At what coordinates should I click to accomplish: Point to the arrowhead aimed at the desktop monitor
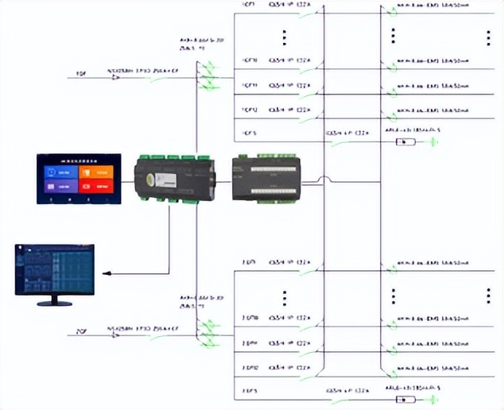pyautogui.click(x=108, y=273)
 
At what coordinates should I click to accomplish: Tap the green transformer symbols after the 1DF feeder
pyautogui.click(x=209, y=77)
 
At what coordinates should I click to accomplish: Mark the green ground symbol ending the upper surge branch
pyautogui.click(x=433, y=142)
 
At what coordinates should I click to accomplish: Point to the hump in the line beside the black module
pyautogui.click(x=322, y=180)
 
